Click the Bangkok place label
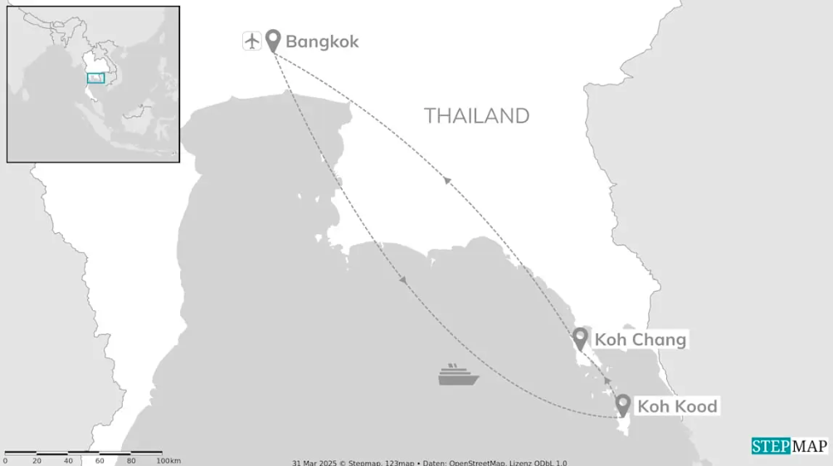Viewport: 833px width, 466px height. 322,41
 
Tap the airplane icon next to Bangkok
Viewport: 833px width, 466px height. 252,40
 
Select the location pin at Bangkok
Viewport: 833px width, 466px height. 273,39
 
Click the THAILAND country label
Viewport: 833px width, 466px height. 476,116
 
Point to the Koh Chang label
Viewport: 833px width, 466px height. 640,340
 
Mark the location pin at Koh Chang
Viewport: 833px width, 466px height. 582,337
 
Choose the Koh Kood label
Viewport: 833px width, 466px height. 676,406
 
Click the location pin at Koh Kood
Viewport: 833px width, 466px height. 623,404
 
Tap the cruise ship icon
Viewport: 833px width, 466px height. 459,375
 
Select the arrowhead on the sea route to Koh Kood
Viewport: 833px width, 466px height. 403,280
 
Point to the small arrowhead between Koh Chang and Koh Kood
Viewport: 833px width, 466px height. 607,381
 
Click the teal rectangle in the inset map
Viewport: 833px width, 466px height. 96,78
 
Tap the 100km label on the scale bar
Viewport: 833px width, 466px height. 168,461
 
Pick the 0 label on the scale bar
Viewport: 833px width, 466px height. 5,461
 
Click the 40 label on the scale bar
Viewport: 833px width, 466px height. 68,461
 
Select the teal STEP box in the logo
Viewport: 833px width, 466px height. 771,446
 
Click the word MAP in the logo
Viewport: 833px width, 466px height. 809,446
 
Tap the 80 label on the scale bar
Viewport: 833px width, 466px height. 131,461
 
